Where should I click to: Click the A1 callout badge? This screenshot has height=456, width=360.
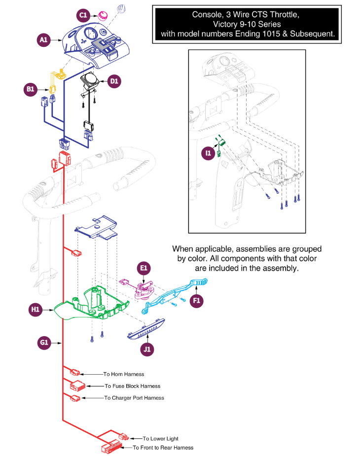tap(44, 40)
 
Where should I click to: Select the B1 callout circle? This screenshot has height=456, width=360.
tap(30, 89)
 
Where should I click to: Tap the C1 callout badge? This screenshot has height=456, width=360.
tap(83, 15)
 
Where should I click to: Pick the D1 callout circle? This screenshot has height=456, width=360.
tap(114, 81)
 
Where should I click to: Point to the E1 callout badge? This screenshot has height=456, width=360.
tap(144, 268)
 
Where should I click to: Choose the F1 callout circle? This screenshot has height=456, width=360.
tap(197, 300)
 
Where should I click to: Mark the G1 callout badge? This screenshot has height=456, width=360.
tap(44, 343)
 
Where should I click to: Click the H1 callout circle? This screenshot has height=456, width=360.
tap(35, 310)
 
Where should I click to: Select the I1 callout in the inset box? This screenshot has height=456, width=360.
tap(208, 153)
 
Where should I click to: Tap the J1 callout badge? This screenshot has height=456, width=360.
tap(147, 349)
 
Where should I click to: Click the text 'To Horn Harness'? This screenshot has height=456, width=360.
tap(124, 374)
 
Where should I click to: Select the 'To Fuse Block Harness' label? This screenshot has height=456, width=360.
tap(133, 386)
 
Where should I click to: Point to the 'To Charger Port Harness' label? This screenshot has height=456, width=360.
tap(134, 398)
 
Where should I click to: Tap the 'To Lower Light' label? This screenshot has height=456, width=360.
tap(160, 439)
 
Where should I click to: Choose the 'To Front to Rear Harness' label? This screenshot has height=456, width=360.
tap(163, 448)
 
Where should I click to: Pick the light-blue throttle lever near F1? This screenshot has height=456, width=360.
tap(175, 296)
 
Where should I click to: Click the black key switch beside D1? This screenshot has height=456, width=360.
tap(90, 81)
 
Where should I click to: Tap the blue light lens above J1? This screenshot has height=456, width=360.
tap(146, 329)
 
